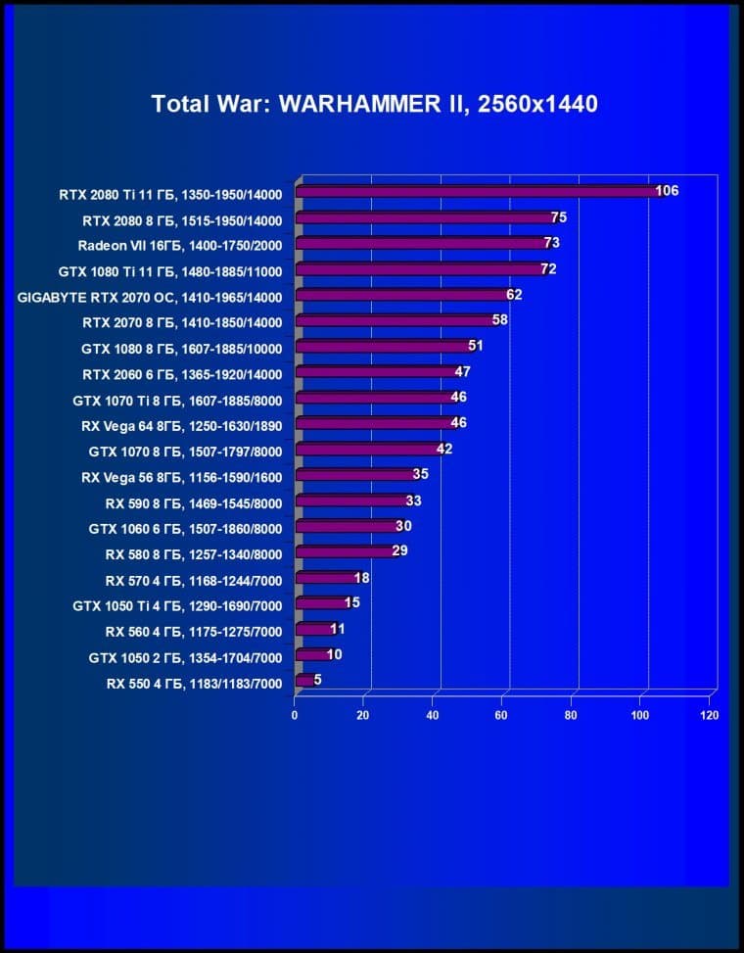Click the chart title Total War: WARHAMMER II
coord(374,104)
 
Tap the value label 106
coord(667,191)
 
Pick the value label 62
coord(514,295)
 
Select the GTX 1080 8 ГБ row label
coord(181,348)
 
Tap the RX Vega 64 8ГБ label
coord(181,425)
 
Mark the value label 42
coord(444,450)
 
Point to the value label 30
coord(403,527)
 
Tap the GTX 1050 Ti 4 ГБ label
coord(177,605)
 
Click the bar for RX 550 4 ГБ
coord(303,681)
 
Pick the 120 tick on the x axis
coord(710,715)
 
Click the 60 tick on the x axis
coord(502,715)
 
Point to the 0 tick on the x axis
coord(295,715)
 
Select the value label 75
coord(559,217)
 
